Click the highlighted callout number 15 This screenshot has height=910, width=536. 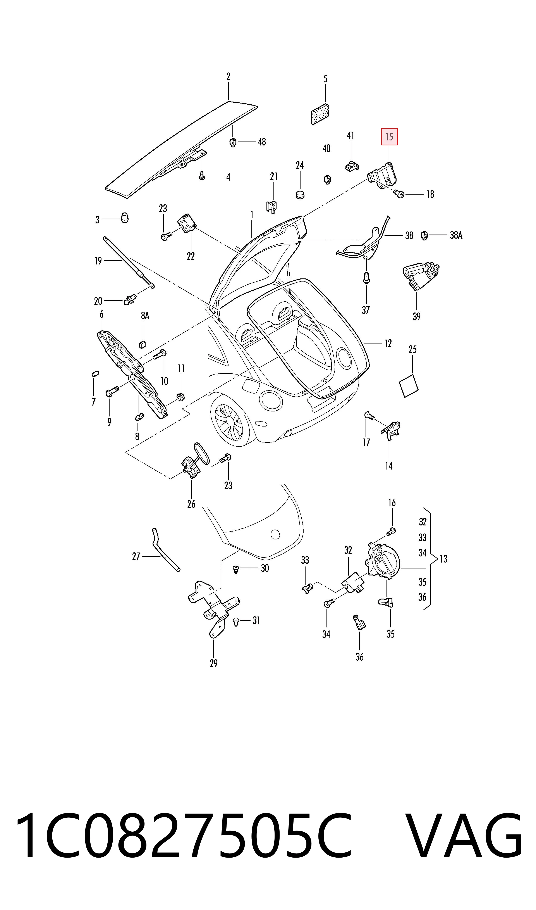click(389, 137)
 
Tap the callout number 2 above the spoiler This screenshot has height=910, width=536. click(228, 77)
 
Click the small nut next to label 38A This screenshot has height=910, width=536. click(424, 236)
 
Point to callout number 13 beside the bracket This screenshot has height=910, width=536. click(443, 559)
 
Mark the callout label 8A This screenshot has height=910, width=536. click(145, 316)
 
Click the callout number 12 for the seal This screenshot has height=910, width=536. click(388, 343)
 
